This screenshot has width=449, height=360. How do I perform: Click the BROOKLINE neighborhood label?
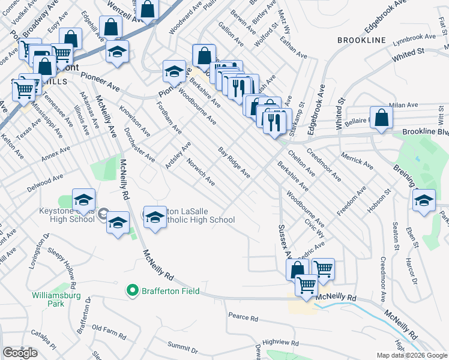click(x=361, y=40)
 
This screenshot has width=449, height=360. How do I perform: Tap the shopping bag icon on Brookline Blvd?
click(x=381, y=119)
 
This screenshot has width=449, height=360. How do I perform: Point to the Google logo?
click(x=20, y=353)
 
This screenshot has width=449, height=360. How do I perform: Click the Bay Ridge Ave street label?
click(x=234, y=162)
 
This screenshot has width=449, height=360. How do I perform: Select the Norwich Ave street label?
click(x=200, y=172)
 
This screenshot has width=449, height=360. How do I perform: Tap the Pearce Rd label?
click(x=243, y=316)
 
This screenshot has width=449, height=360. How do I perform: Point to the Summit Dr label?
click(x=182, y=346)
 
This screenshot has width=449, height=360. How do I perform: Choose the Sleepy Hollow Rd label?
click(x=60, y=261)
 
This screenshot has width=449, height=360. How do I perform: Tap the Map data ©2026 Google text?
click(x=411, y=355)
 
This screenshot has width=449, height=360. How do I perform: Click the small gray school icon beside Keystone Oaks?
click(x=103, y=214)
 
